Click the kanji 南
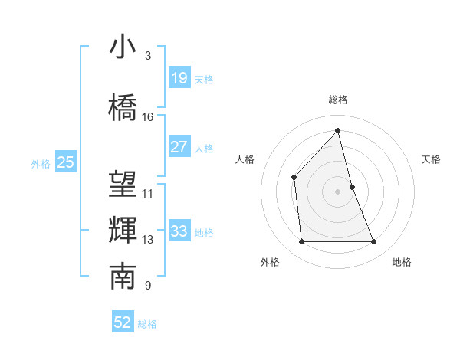[123, 277]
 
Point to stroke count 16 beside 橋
[148, 117]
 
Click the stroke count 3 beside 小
[148, 56]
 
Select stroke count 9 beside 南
[148, 286]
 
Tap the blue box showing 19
[179, 77]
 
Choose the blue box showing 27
[179, 147]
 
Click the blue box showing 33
[179, 231]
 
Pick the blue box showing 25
[65, 162]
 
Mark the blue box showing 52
[123, 322]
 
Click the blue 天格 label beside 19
[204, 79]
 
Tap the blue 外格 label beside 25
[41, 163]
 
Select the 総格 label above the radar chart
[338, 100]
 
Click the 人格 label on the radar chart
[245, 159]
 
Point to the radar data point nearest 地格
[374, 242]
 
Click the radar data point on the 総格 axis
[338, 131]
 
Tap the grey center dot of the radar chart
[338, 191]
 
